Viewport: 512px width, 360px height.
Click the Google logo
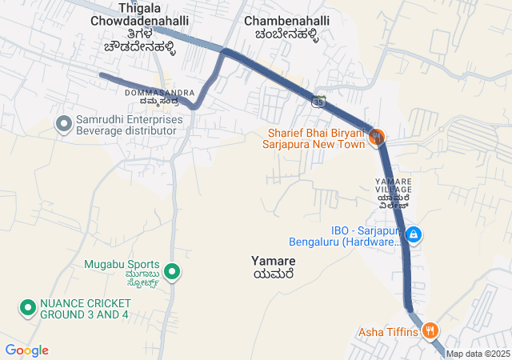27,350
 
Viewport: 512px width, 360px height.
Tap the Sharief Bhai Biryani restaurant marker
376,137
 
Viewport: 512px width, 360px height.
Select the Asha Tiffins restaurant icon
430,330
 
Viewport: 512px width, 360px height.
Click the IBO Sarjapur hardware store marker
414,235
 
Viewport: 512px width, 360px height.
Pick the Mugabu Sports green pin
172,271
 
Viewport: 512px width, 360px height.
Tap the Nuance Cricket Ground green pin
27,307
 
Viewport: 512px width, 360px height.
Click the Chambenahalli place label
285,27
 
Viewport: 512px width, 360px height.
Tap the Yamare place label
273,267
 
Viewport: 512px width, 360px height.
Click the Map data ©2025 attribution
478,354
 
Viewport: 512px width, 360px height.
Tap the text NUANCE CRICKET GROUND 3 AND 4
85,308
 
